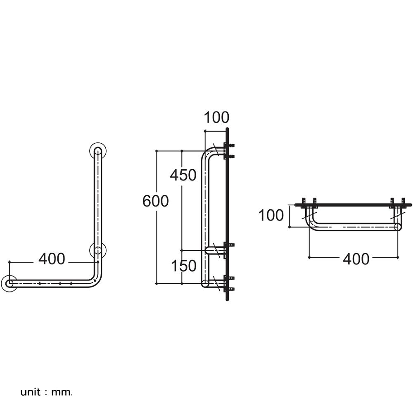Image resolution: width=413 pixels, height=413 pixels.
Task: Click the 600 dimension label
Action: click(155, 201)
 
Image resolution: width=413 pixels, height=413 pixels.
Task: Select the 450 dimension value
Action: click(183, 175)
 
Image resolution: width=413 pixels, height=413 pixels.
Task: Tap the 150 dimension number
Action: click(184, 266)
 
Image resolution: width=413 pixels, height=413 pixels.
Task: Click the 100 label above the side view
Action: click(216, 117)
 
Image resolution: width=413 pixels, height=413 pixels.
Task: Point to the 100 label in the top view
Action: click(271, 215)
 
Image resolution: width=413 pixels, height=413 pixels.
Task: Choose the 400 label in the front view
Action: click(52, 259)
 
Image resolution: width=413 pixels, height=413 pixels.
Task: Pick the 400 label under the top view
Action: click(356, 259)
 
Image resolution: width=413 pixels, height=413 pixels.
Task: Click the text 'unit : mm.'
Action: click(46, 392)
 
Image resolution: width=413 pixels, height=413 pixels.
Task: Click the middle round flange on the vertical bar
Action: click(98, 250)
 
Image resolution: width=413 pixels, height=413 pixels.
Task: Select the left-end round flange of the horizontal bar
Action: click(9, 283)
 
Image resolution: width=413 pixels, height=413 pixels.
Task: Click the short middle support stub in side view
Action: click(215, 250)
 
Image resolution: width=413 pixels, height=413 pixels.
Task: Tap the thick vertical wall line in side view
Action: click(227, 214)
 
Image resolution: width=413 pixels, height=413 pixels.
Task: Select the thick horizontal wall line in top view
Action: click(353, 205)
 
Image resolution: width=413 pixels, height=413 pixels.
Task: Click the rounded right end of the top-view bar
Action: click(398, 227)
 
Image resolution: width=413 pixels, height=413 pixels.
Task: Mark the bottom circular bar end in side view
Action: click(205, 283)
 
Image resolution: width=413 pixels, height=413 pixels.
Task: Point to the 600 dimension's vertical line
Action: click(157, 217)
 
